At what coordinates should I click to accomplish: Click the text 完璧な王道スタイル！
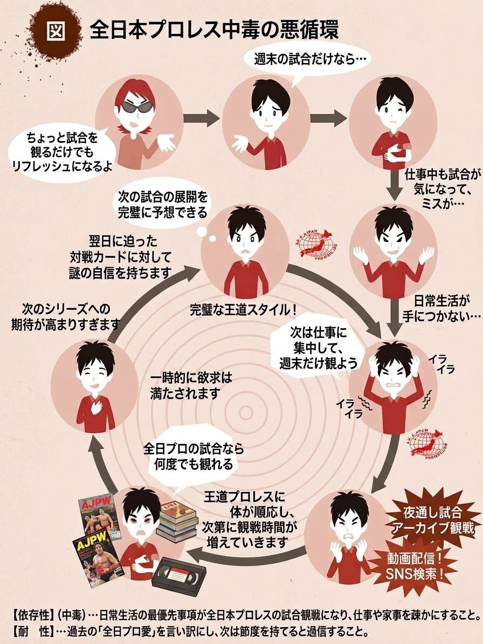(x=243, y=309)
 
